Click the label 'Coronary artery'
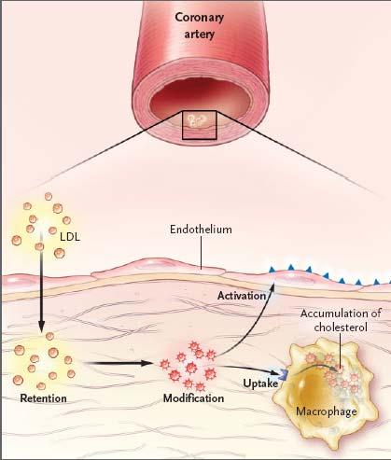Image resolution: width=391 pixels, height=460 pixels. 199,25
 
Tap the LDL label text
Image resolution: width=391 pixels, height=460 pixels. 70,237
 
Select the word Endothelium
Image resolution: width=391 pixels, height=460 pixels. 201,230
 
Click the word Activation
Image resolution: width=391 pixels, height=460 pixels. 242,296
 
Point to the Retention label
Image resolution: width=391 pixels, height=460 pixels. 43,398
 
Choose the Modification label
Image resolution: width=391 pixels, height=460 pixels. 193,398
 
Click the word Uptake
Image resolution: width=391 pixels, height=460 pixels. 260,383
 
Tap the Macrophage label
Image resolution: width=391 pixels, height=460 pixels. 327,411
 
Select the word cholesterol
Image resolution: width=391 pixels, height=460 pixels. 341,328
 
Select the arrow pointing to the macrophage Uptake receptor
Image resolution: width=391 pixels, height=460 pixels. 249,369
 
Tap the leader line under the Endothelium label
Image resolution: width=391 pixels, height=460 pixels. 201,252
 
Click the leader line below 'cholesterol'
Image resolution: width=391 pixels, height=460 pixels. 341,349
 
